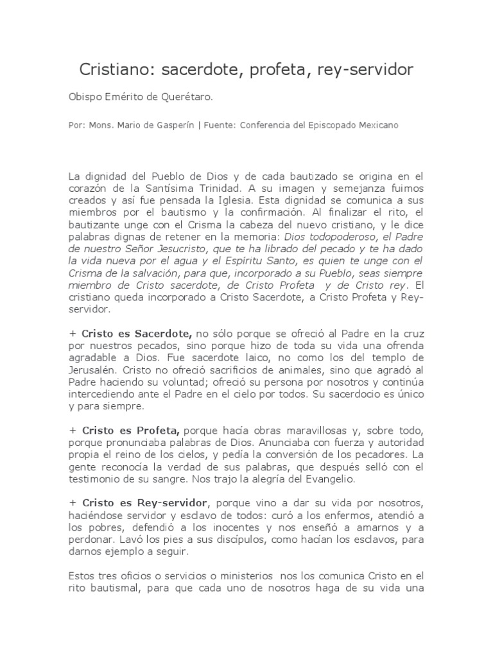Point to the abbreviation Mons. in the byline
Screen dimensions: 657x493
[98, 126]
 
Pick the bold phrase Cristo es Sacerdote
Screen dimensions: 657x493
[135, 334]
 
